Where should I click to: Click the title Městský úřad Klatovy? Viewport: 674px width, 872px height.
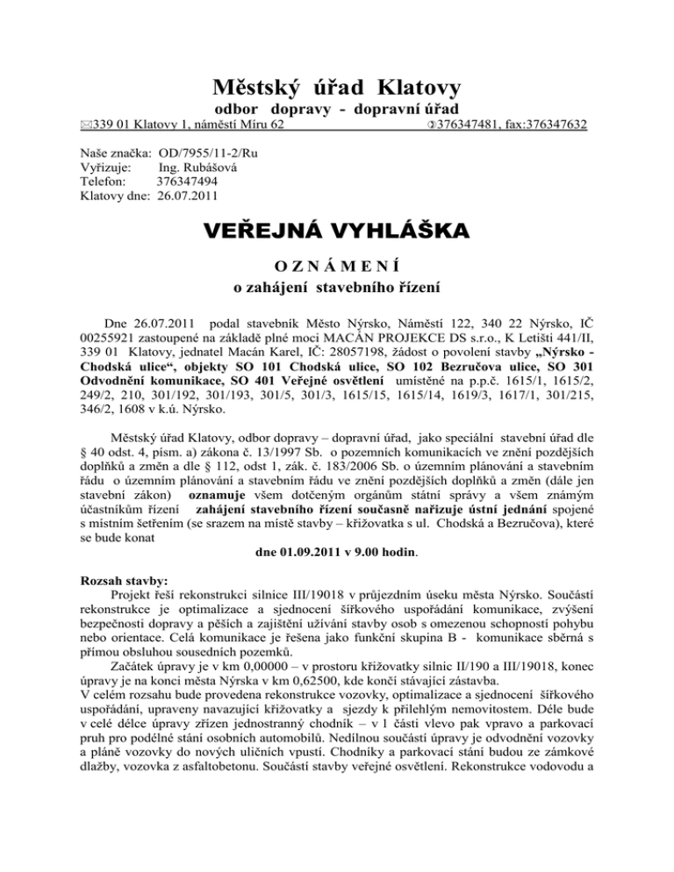pyautogui.click(x=337, y=89)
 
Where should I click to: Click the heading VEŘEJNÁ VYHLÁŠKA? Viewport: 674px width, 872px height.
pyautogui.click(x=337, y=232)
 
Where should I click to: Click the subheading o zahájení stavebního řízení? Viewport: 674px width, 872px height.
pyautogui.click(x=337, y=286)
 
